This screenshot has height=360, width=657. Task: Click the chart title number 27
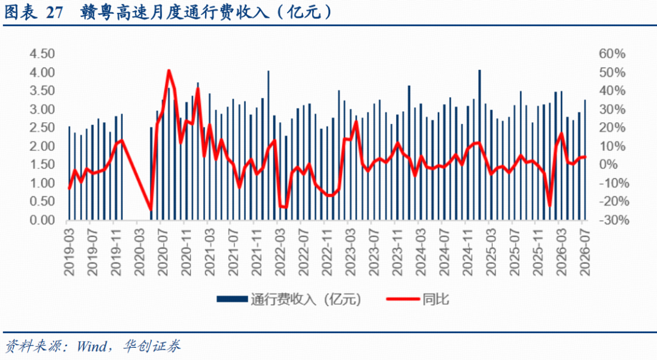click(x=55, y=12)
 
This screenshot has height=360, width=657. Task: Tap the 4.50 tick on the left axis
click(x=42, y=54)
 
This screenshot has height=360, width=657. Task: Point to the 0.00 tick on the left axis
click(x=42, y=220)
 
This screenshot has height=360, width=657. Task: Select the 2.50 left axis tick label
click(x=42, y=128)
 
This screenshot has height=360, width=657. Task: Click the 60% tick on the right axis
click(x=612, y=54)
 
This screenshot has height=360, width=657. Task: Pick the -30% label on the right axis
click(x=614, y=220)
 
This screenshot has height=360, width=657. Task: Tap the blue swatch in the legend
click(x=232, y=299)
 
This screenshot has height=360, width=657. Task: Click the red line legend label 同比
click(x=436, y=299)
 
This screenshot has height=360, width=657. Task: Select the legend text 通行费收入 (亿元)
click(x=305, y=299)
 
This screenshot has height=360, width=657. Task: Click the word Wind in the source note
click(x=92, y=346)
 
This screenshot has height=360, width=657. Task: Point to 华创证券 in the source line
click(x=151, y=346)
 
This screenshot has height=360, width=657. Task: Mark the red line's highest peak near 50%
click(x=169, y=71)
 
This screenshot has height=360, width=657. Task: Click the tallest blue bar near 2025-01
click(x=480, y=145)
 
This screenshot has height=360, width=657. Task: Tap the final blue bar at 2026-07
click(x=585, y=160)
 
